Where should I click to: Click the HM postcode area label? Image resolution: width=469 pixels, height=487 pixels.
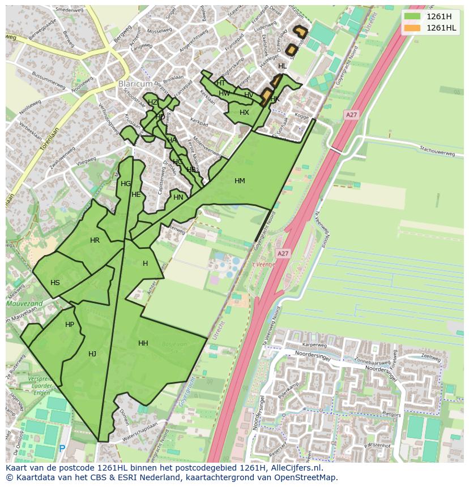tap(240, 181)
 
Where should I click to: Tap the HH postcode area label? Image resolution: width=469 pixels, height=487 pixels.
tap(143, 343)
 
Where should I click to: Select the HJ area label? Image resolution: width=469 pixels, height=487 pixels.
tap(92, 354)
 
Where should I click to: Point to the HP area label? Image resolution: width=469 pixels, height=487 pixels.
tap(70, 325)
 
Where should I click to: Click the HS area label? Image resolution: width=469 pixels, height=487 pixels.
tap(55, 283)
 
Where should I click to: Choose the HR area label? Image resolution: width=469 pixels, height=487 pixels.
tap(95, 240)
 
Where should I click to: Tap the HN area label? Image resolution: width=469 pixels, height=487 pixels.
tap(178, 197)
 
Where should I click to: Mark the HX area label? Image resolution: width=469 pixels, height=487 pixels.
tap(244, 113)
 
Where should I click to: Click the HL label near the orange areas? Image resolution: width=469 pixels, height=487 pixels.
tap(282, 66)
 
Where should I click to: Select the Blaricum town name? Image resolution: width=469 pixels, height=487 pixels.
tap(135, 84)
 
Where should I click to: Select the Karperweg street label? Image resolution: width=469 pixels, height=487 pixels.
tap(315, 344)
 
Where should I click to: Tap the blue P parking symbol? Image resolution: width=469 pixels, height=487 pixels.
tap(62, 449)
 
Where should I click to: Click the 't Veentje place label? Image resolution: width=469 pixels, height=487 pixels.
tap(262, 264)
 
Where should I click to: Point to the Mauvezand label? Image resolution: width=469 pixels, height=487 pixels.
tap(24, 304)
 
